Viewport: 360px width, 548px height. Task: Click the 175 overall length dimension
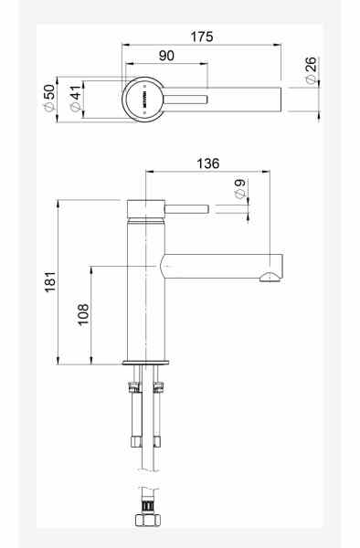click(x=202, y=37)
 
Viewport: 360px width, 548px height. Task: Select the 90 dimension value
click(x=166, y=56)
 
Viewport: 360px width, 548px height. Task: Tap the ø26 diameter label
click(x=311, y=69)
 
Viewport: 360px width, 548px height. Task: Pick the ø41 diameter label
click(x=74, y=97)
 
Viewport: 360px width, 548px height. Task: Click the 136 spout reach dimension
click(x=207, y=163)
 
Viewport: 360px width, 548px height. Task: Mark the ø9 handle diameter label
click(x=239, y=190)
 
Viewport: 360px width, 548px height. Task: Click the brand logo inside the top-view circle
click(x=144, y=97)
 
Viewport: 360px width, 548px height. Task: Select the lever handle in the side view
click(x=187, y=209)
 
